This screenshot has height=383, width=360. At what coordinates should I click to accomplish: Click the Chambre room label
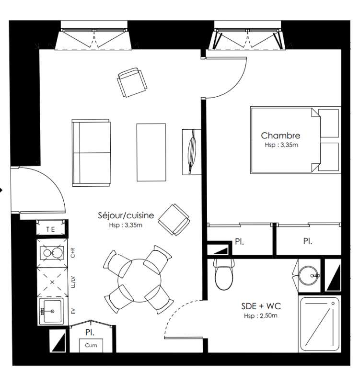[x=280, y=135]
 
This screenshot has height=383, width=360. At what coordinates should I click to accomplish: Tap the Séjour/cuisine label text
[x=126, y=215]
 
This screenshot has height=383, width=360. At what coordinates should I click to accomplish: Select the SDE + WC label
[x=261, y=306]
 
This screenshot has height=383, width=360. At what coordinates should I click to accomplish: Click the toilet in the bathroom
[x=224, y=274]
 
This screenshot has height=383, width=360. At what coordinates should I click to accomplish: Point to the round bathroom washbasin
[x=309, y=276]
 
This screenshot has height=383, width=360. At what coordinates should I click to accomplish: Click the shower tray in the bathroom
[x=320, y=325]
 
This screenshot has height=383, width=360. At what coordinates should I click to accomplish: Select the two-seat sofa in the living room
[x=91, y=153]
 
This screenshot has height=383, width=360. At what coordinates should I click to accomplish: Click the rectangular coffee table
[x=151, y=152]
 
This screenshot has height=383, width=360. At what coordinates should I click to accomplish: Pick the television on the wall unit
[x=192, y=152]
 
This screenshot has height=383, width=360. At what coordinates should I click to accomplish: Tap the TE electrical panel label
[x=51, y=230]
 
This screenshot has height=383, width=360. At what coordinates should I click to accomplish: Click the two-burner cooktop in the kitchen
[x=52, y=253]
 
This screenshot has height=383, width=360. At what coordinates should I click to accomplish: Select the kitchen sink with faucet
[x=51, y=312]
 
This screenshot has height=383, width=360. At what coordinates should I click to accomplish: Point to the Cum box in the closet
[x=91, y=345]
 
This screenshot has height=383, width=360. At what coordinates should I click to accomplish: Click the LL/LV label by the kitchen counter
[x=73, y=282]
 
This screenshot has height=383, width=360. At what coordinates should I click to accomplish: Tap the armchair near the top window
[x=132, y=82]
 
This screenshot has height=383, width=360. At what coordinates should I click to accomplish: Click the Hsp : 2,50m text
[x=261, y=315]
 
